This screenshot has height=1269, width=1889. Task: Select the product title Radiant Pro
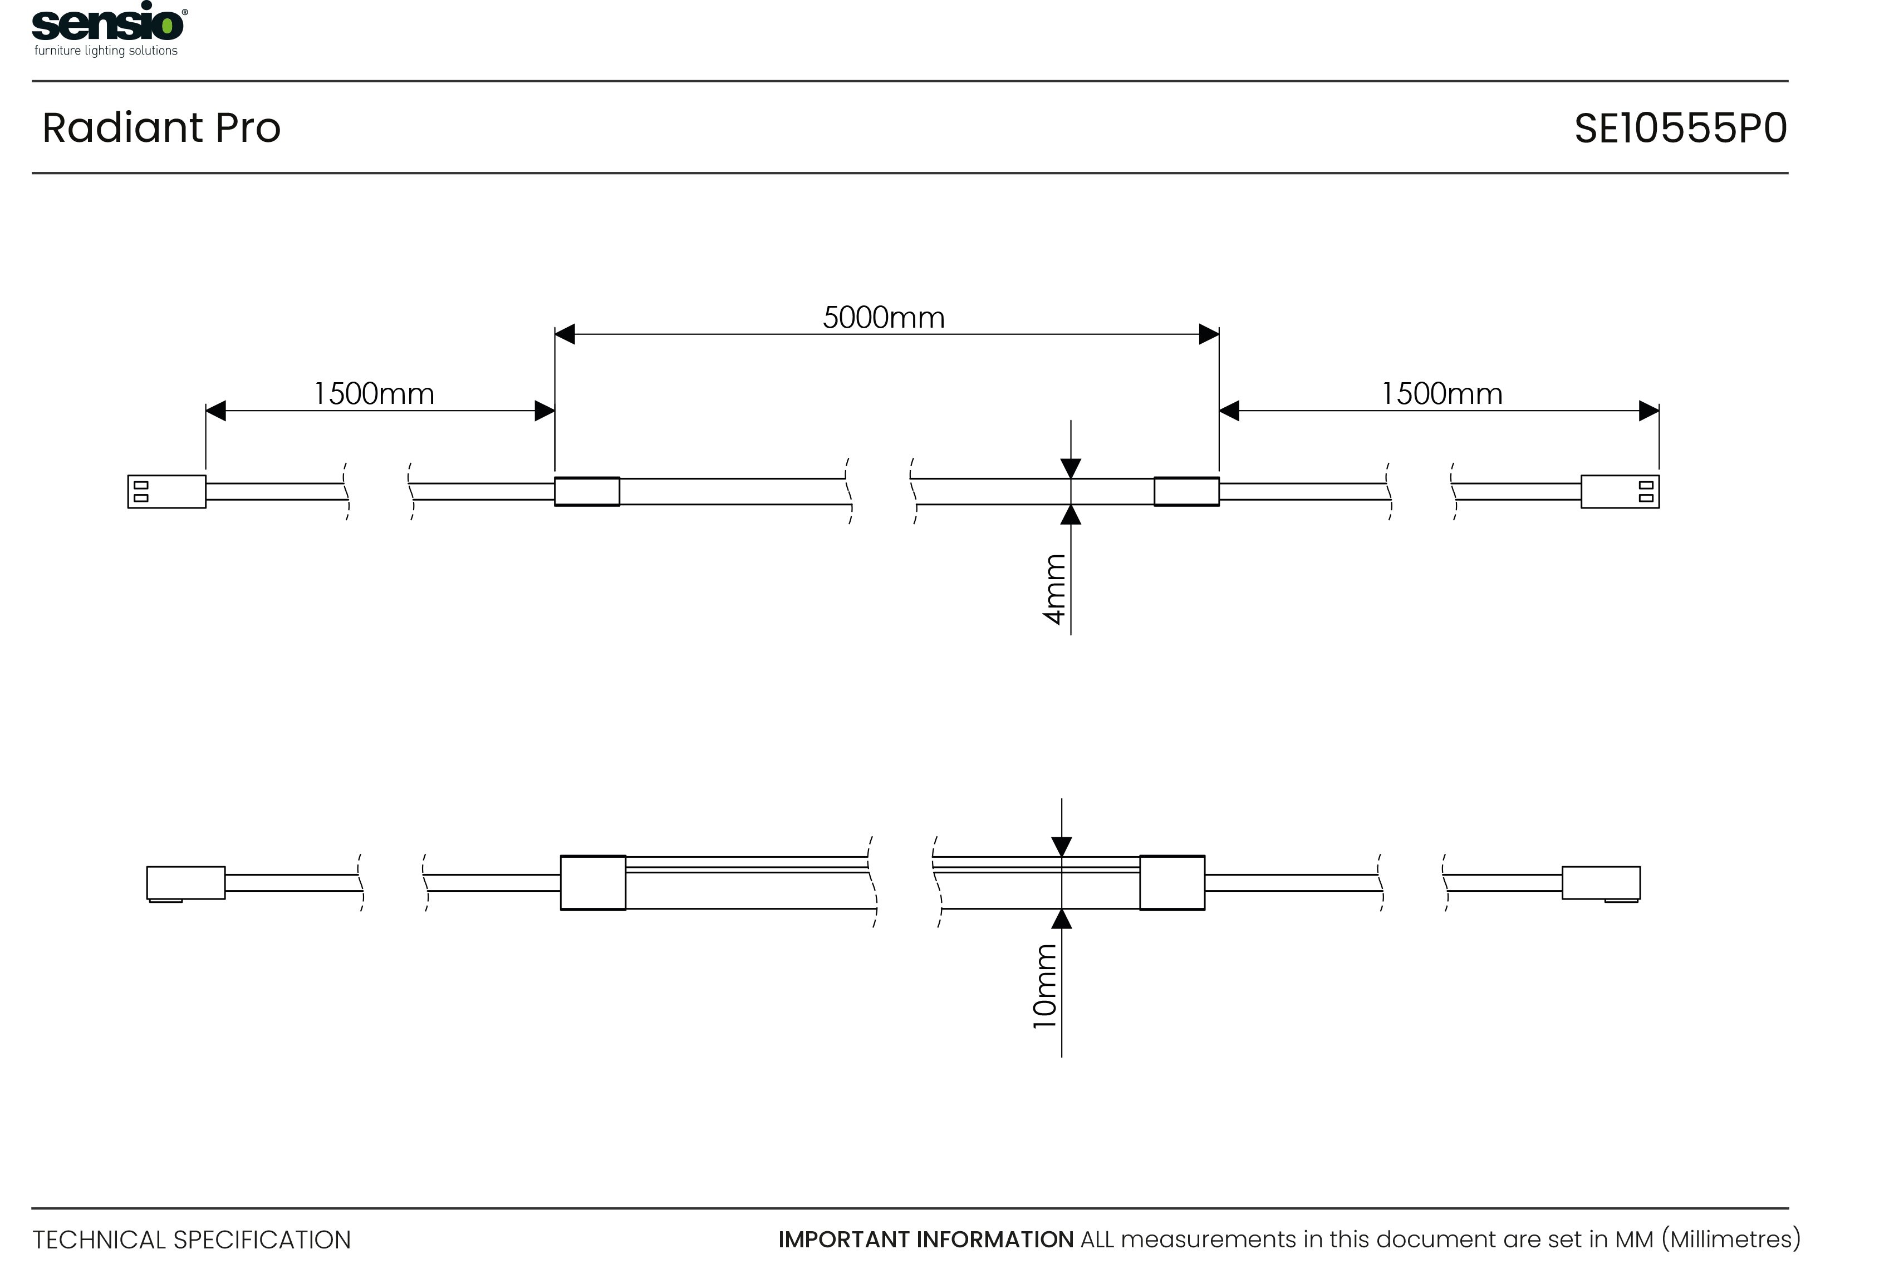pos(161,128)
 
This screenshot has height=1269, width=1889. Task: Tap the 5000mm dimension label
pos(884,317)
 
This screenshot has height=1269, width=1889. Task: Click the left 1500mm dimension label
pos(374,393)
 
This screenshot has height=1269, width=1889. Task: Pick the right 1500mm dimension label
pos(1441,393)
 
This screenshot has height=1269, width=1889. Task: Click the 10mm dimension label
pos(1044,986)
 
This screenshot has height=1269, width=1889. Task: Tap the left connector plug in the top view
pos(167,491)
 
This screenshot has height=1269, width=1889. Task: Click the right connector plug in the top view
pos(1620,491)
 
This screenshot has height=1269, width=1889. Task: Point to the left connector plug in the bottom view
pos(185,883)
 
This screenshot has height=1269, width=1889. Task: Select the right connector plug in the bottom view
pos(1601,883)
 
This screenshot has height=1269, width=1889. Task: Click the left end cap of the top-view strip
pos(587,491)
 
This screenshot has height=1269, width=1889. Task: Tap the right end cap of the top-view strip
pos(1186,491)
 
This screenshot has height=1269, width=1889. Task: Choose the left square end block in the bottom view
pos(593,883)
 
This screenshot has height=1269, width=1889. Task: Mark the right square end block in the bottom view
pos(1171,883)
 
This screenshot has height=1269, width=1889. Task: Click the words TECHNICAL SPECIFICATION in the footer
pos(192,1240)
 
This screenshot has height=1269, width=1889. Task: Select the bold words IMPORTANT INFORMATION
pos(925,1240)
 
